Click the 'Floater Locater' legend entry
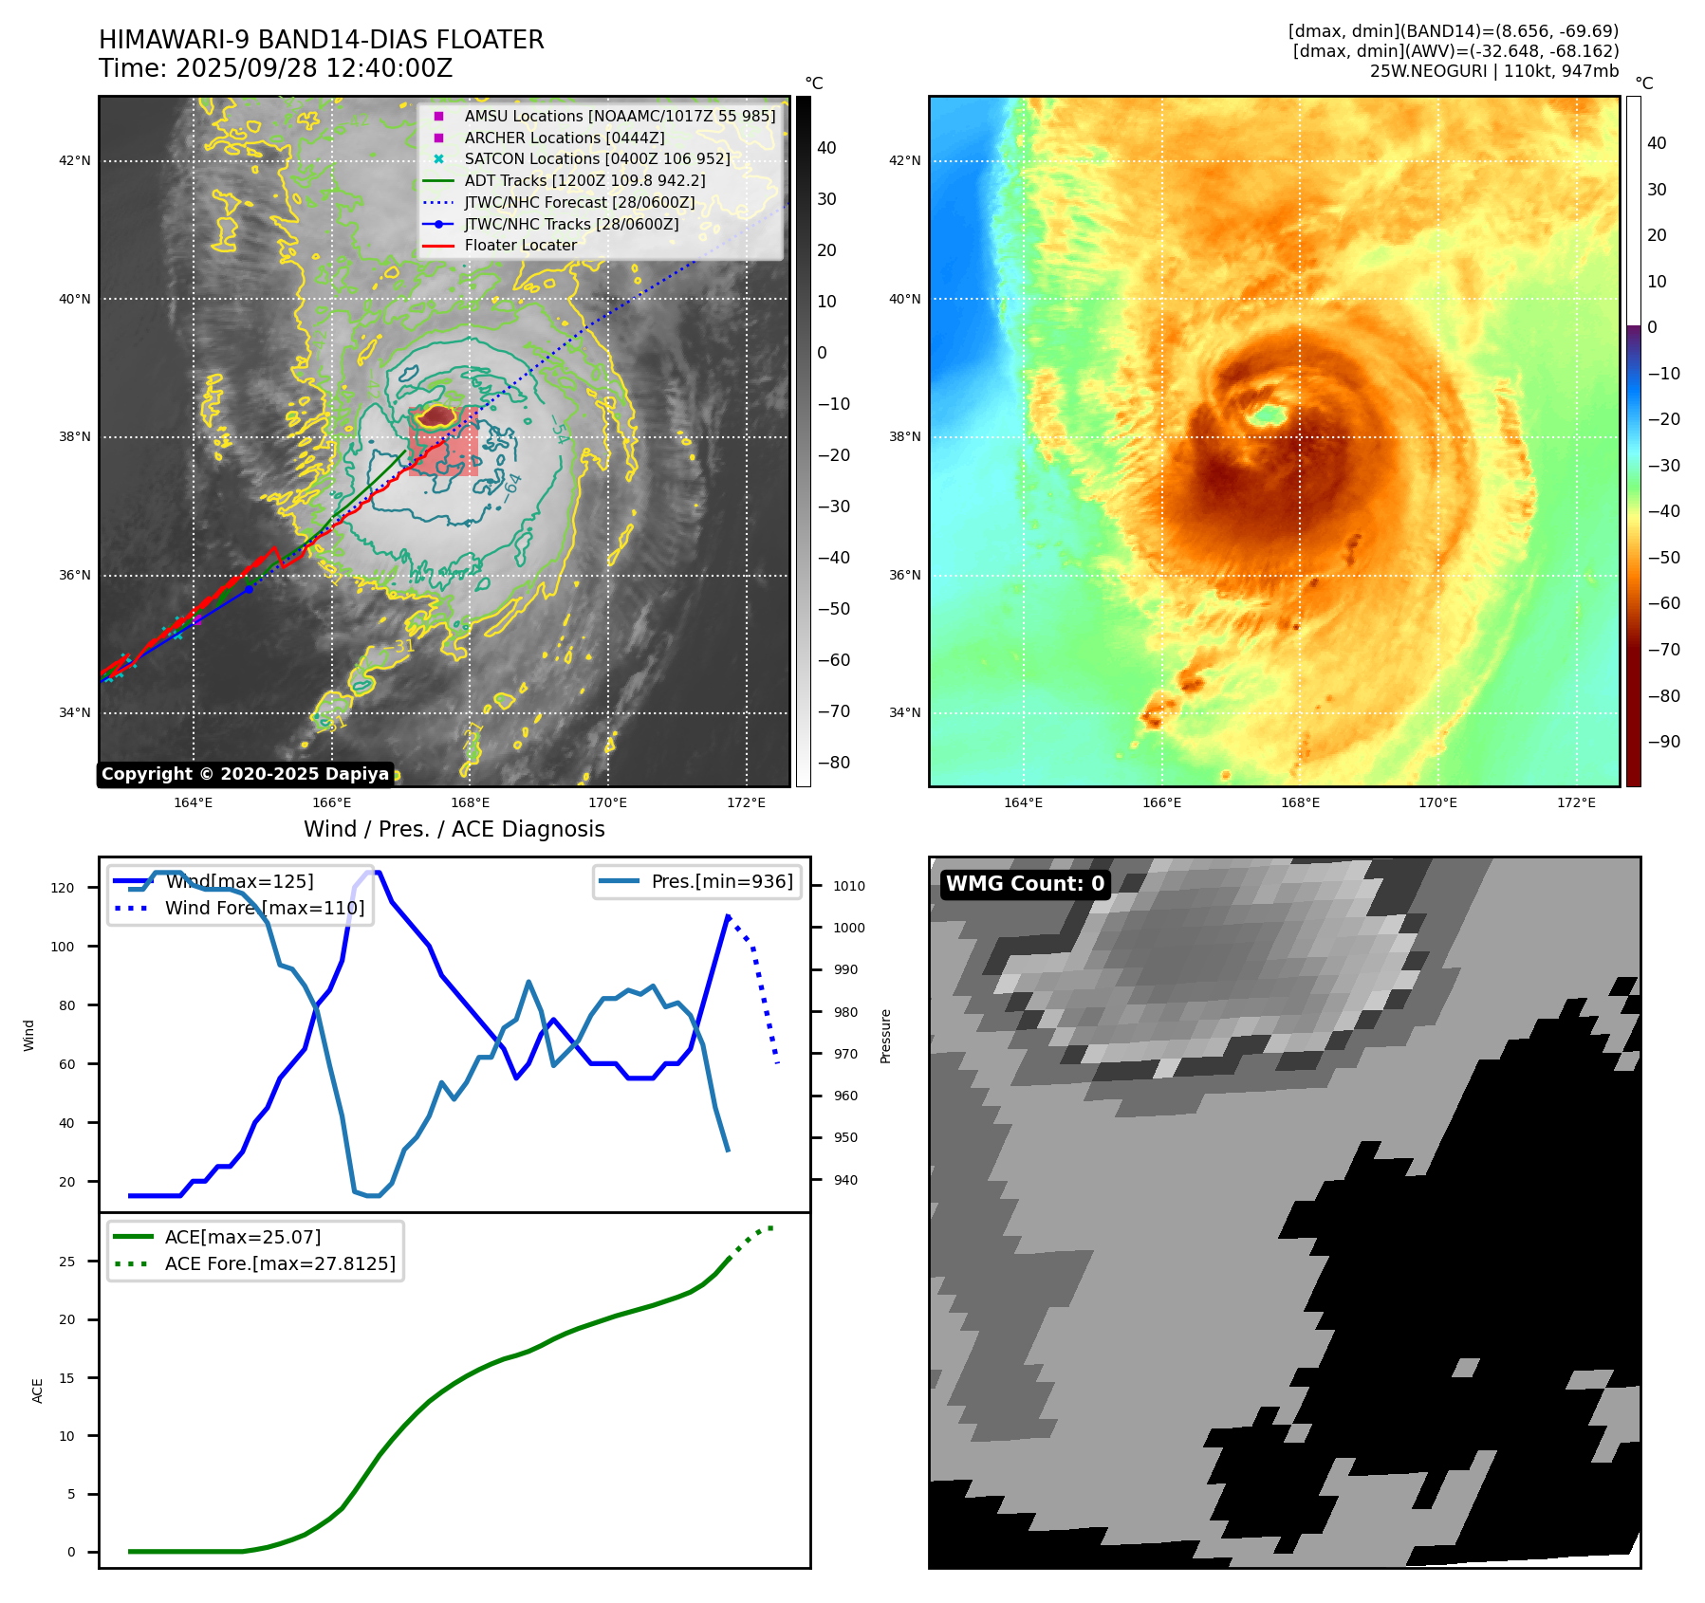(520, 245)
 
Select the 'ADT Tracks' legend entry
(584, 180)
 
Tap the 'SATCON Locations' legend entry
(597, 158)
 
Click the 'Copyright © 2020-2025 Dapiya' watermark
(245, 774)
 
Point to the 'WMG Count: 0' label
(1025, 884)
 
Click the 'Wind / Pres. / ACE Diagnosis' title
(454, 829)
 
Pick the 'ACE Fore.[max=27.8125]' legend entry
(280, 1263)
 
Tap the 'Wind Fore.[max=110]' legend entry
(265, 908)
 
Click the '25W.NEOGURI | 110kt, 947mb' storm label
(1493, 71)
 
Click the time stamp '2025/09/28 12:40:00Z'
(313, 69)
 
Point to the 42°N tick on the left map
(75, 160)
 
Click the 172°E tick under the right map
(1576, 802)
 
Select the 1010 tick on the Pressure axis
(849, 886)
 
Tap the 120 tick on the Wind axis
(63, 888)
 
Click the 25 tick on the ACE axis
(67, 1262)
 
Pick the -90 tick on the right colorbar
(1663, 742)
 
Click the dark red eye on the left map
(438, 415)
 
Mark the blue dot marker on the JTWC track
(249, 589)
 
